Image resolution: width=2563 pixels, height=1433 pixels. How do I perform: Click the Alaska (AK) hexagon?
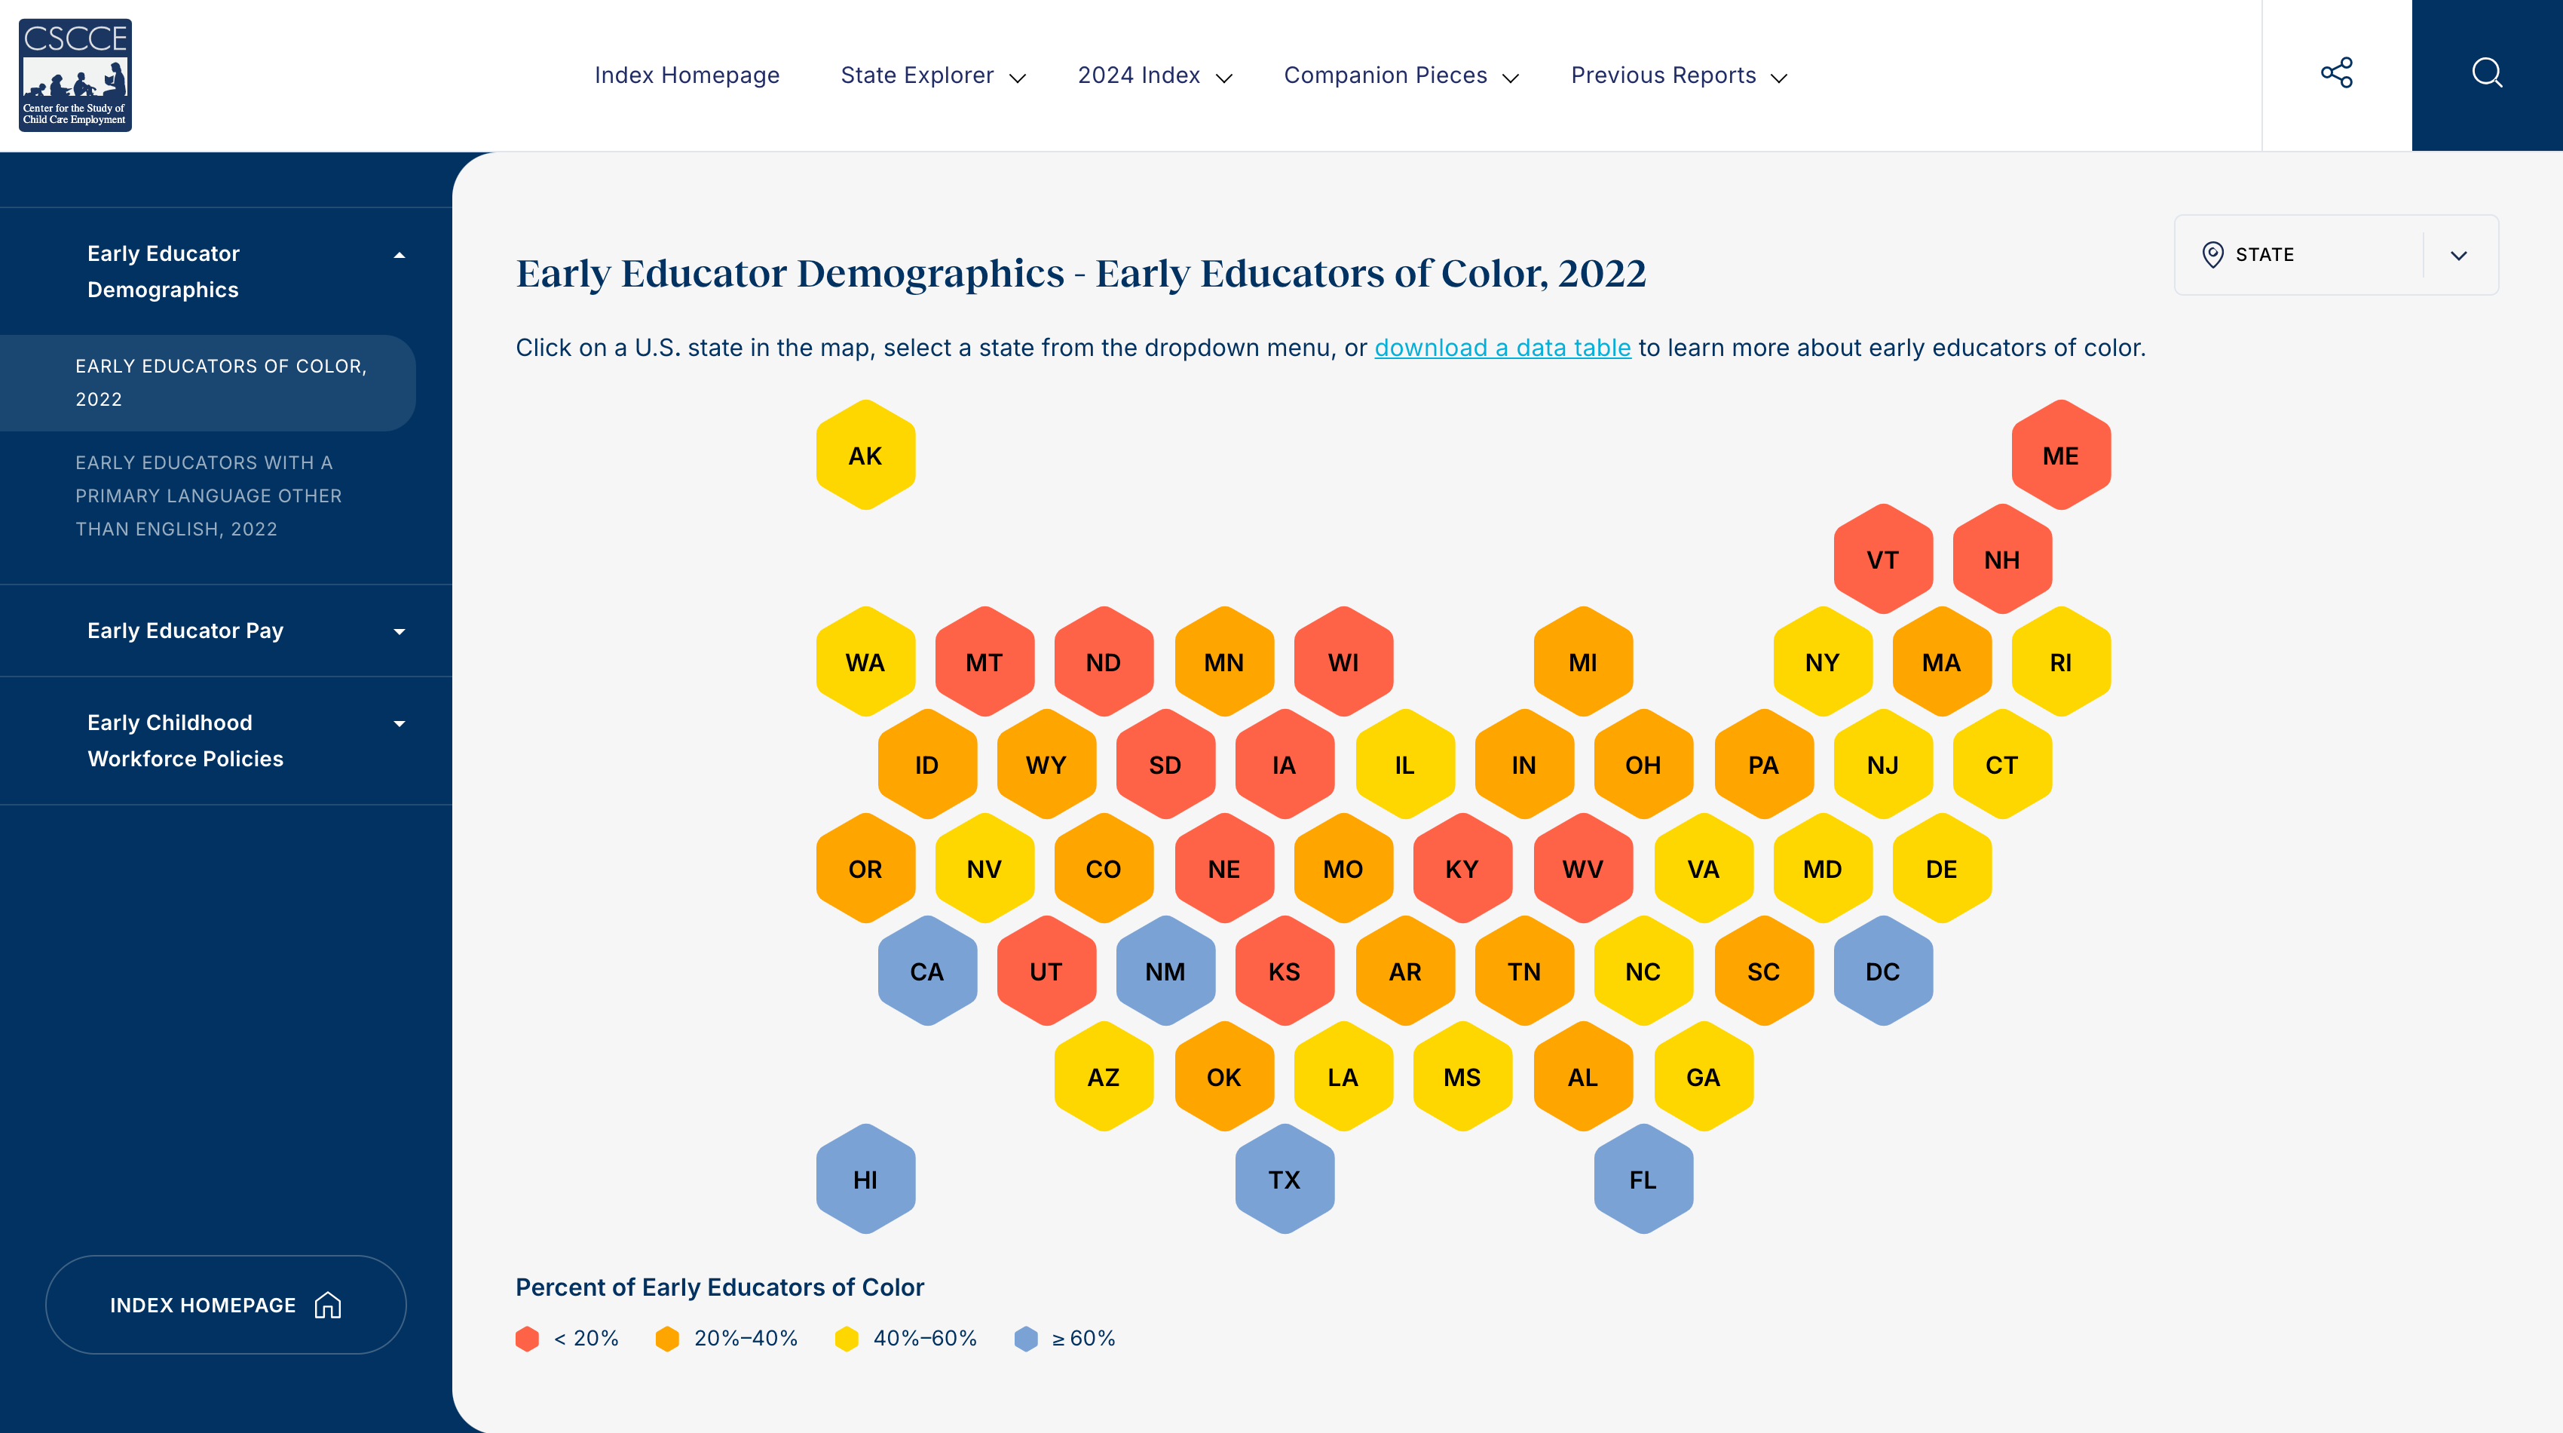(865, 456)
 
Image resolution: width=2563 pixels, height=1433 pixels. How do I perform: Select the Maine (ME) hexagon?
(2060, 456)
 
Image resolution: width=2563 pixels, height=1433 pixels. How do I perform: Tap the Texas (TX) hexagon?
(1285, 1180)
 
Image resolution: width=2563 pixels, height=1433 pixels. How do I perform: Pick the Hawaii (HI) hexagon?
(865, 1180)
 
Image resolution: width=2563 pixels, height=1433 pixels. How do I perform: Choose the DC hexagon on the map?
(1882, 971)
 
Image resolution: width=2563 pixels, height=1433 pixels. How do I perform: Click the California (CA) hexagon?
(926, 971)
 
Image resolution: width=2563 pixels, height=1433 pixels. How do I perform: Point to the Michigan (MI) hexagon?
(1583, 661)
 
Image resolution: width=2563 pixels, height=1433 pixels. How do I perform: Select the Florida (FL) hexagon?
(1643, 1180)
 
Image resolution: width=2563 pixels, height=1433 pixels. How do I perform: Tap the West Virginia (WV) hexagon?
(1583, 869)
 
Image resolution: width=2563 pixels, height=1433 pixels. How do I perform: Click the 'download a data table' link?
(1502, 347)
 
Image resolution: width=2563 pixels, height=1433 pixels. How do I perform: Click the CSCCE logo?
(75, 75)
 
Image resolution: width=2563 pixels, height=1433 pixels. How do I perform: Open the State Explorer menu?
(932, 75)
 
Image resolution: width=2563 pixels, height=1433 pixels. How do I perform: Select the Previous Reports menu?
(1679, 75)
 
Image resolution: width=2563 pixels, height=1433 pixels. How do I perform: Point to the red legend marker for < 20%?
(528, 1339)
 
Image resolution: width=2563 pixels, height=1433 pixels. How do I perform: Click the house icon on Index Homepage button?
(327, 1305)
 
